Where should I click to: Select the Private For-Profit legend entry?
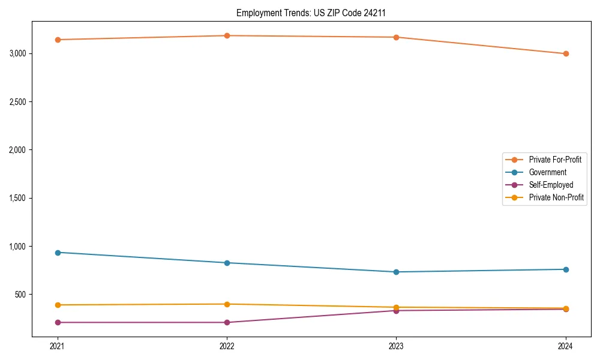coord(554,160)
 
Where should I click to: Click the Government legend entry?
coord(547,172)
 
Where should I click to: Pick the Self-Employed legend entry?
coord(551,185)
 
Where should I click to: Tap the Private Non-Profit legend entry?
coord(556,197)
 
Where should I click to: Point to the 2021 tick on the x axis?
coord(58,346)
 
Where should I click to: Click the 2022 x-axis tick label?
coord(227,346)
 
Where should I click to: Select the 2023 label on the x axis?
coord(396,346)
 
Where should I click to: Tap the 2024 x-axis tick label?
coord(565,346)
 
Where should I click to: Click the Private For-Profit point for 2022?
coord(227,35)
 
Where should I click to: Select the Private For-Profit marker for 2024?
coord(565,54)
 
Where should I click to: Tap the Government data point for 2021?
coord(58,253)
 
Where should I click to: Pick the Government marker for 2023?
coord(396,272)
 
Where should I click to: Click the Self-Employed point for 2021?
coord(58,322)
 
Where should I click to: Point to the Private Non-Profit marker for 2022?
coord(227,304)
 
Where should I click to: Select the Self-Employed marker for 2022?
coord(227,322)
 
